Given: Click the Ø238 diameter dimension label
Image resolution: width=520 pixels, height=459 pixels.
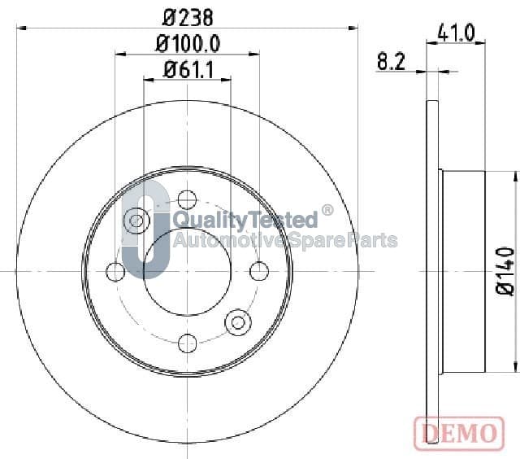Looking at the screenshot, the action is [188, 18].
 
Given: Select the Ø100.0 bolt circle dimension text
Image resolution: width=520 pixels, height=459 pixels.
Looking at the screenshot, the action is [188, 44].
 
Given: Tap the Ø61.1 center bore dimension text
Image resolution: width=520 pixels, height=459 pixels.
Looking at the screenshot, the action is [188, 70].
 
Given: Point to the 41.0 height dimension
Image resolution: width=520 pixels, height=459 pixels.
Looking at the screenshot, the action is [456, 33].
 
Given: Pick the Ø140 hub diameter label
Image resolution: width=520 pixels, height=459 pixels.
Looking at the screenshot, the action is [505, 270].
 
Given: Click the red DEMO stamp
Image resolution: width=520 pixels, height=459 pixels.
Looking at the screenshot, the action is [459, 433].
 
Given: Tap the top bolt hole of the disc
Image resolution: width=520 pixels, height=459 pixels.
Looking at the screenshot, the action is [187, 200].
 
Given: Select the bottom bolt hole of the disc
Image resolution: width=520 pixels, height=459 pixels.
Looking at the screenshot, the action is [188, 343].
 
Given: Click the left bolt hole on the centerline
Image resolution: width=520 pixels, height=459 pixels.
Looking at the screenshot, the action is [115, 272].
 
